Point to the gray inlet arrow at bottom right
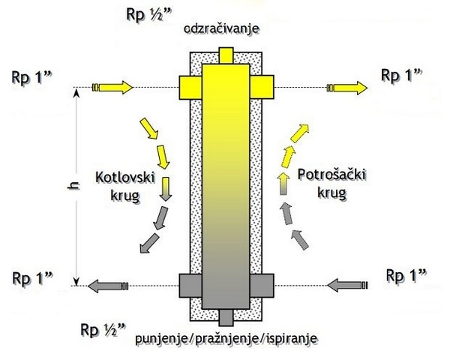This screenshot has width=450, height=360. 346,285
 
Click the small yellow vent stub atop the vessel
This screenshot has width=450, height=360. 225,55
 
